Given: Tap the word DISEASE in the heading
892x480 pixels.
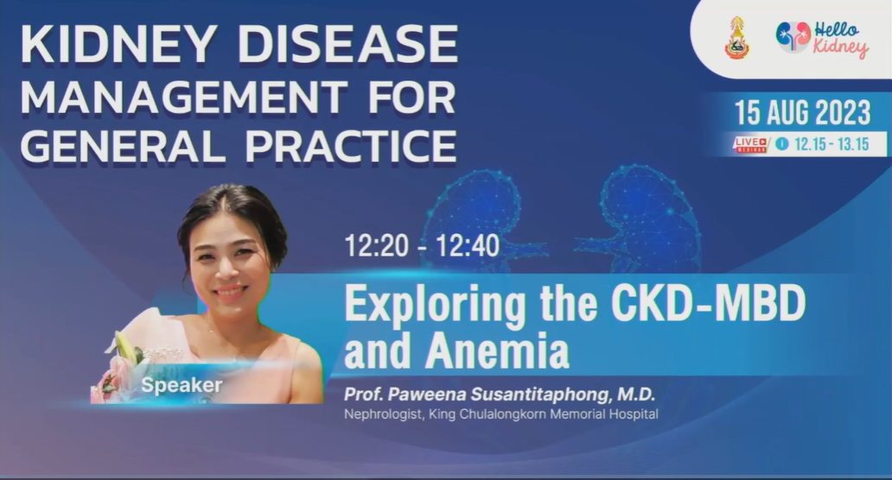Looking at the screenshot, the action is pos(348,44).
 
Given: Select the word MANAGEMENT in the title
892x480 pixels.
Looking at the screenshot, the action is pos(184,96).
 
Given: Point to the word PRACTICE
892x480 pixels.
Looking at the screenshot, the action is pos(351,146).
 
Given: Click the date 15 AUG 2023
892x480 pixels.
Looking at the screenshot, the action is pos(802,112).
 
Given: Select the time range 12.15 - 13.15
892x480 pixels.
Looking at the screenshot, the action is pos(831,144).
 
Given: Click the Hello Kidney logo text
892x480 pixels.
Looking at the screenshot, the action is pos(840,39).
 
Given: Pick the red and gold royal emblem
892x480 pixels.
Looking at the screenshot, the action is pos(736,38).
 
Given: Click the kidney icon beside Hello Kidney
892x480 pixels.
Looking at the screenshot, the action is pos(793,36).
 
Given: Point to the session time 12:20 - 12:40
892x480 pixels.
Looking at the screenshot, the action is pos(422,246).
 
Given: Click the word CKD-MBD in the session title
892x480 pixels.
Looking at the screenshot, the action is pos(708,304).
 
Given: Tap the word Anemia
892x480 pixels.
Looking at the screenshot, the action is pos(497,351).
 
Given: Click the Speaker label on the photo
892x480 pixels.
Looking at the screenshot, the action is pos(182,385).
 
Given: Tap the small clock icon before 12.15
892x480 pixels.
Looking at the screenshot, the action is pos(782,144).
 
